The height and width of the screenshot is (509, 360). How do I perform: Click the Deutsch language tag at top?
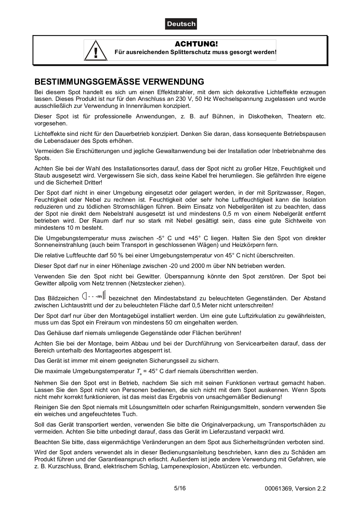point(181,24)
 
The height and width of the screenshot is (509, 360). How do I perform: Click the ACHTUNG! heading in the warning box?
point(196,44)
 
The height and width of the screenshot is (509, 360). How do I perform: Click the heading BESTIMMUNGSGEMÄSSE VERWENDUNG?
point(119,82)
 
